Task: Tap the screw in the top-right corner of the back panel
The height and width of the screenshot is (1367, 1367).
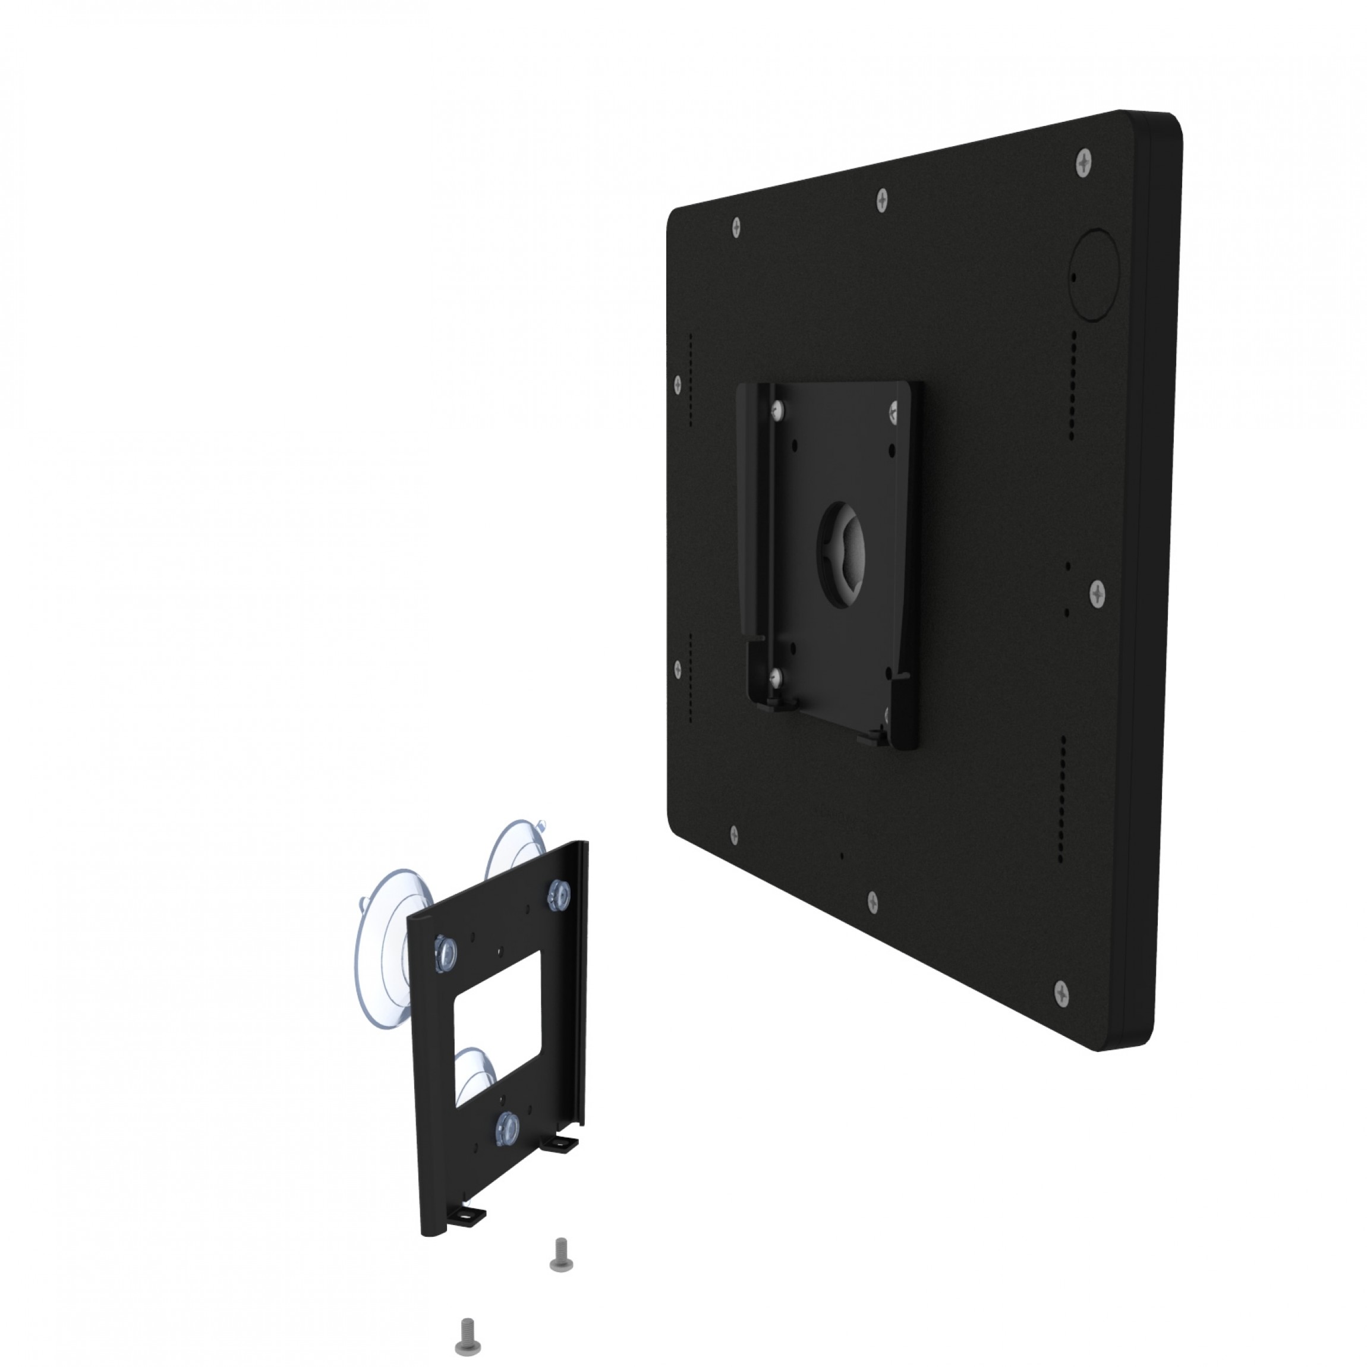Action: click(x=1083, y=163)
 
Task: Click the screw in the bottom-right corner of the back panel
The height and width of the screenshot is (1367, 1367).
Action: click(x=1062, y=993)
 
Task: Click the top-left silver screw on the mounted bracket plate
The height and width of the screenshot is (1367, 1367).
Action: click(x=779, y=410)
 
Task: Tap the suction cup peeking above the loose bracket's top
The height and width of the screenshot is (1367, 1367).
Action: click(x=516, y=849)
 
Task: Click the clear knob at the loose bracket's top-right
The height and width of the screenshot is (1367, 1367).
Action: click(x=559, y=895)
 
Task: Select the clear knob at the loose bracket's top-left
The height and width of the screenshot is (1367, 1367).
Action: click(x=445, y=955)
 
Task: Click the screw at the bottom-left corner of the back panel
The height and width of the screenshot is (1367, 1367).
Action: click(x=734, y=835)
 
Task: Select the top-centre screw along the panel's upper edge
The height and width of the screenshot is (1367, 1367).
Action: click(x=881, y=200)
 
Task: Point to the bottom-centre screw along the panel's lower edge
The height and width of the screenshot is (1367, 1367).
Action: click(x=873, y=902)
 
